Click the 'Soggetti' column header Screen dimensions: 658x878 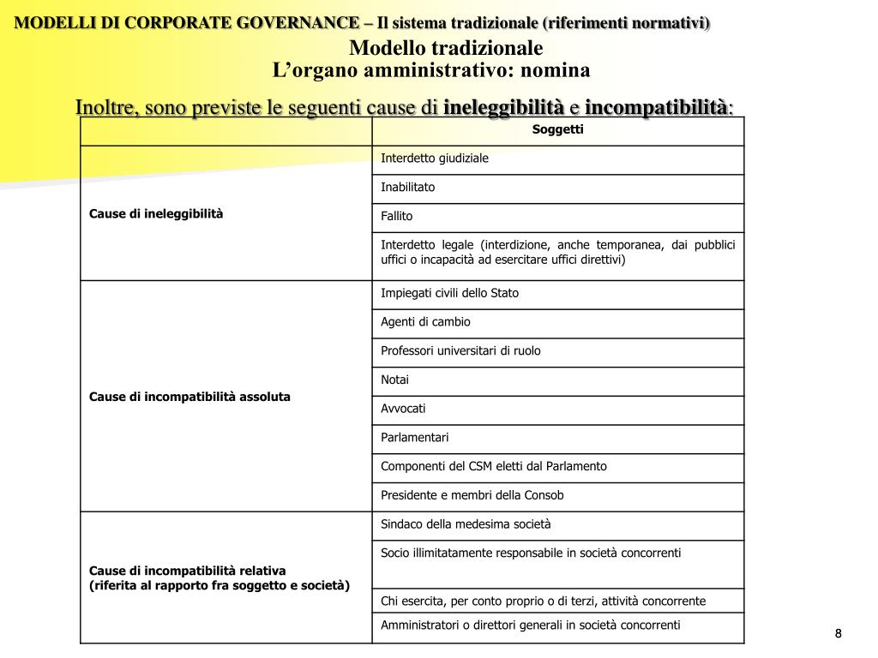point(557,130)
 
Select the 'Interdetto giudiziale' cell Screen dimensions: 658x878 point(435,159)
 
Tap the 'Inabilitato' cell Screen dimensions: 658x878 point(408,187)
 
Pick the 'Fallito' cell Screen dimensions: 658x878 point(397,217)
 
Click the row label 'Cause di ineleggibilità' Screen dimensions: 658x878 point(156,213)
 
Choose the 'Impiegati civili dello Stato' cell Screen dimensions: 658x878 point(450,293)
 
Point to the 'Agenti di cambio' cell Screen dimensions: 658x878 point(426,322)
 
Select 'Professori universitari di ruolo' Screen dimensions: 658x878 point(461,351)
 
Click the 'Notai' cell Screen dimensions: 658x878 point(395,380)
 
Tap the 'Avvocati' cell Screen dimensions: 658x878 point(403,409)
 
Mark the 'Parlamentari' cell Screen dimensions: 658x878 point(415,438)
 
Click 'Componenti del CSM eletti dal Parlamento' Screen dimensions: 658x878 point(494,467)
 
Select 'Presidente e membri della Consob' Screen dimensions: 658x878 point(472,495)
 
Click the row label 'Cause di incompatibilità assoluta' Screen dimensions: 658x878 point(189,397)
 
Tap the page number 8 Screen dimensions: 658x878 point(839,633)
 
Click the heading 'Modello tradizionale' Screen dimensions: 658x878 point(447,48)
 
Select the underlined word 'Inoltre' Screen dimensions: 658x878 point(106,108)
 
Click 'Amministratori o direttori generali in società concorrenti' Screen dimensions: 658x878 point(531,625)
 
